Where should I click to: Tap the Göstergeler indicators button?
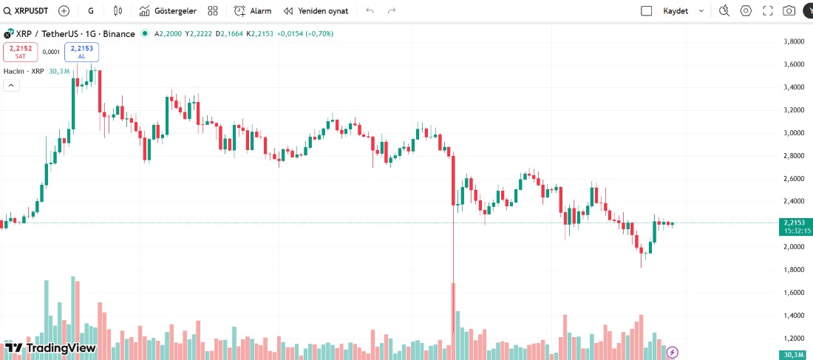click(x=168, y=11)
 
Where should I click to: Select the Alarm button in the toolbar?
click(x=253, y=11)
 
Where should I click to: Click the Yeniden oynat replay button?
click(x=316, y=11)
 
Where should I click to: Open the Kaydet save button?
click(x=675, y=11)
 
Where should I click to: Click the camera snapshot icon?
click(x=789, y=11)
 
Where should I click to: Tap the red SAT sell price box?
click(x=21, y=52)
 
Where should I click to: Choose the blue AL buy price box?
click(x=81, y=52)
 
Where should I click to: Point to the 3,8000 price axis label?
click(x=793, y=41)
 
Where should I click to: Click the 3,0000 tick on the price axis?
click(x=793, y=133)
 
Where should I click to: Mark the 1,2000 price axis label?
click(x=793, y=339)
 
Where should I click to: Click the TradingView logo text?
click(x=61, y=348)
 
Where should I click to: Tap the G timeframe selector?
click(x=91, y=11)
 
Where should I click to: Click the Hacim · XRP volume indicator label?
click(x=26, y=71)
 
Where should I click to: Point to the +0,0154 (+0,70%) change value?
click(x=305, y=34)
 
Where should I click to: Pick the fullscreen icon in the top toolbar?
click(x=767, y=11)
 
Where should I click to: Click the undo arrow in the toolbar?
click(x=370, y=11)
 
